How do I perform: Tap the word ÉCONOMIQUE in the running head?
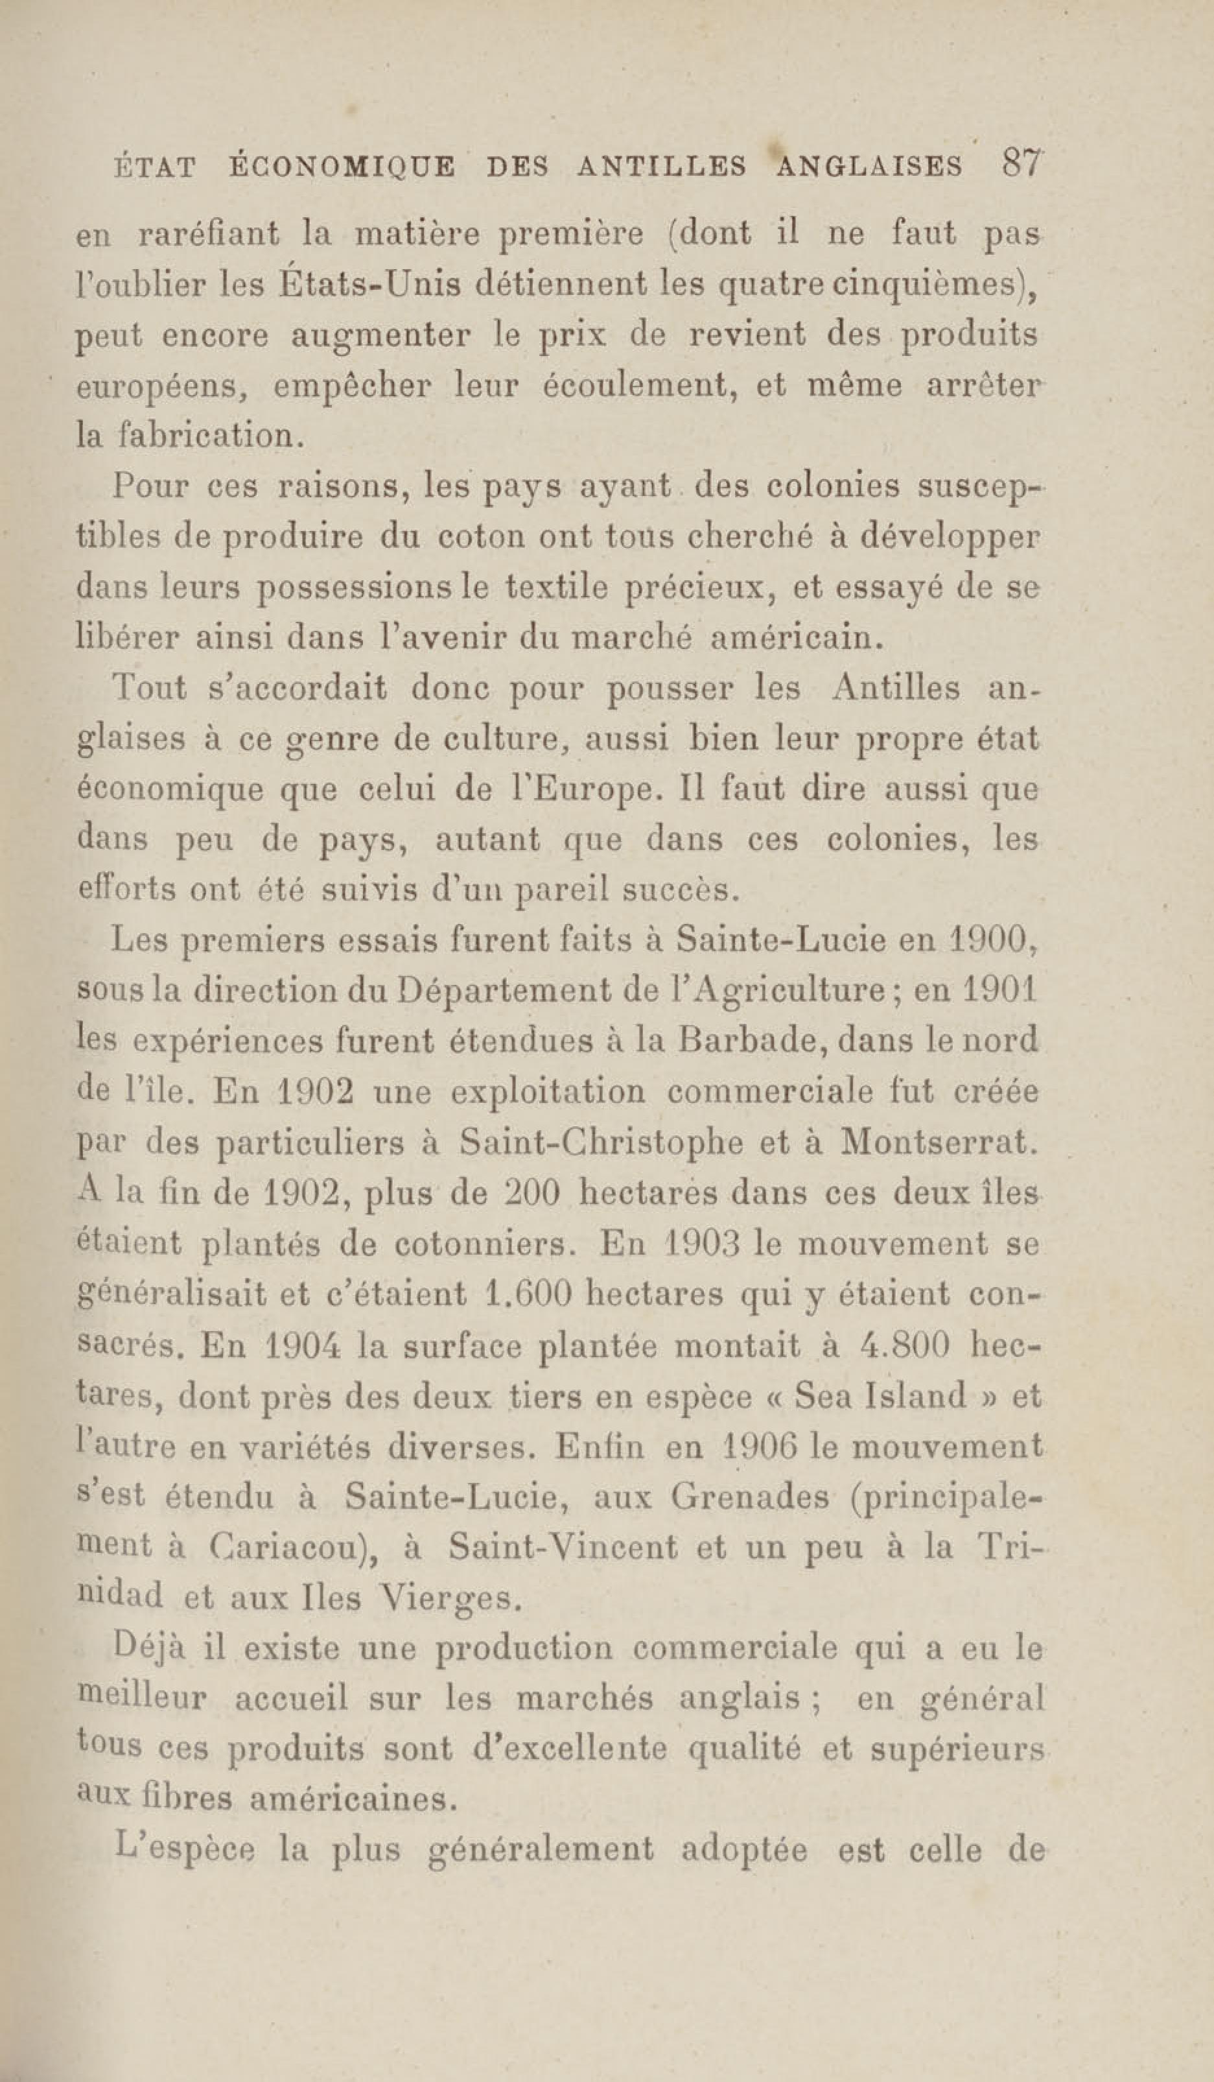pos(341,167)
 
